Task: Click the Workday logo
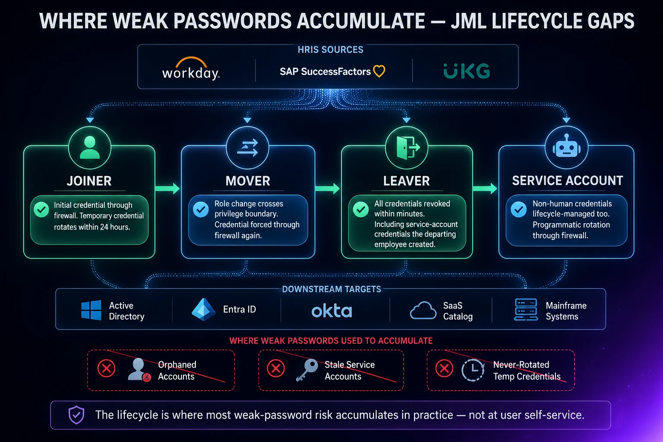pyautogui.click(x=191, y=69)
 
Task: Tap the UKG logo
pyautogui.click(x=467, y=71)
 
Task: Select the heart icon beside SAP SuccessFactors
pyautogui.click(x=379, y=71)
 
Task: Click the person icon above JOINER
pyautogui.click(x=90, y=148)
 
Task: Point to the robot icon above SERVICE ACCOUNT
pyautogui.click(x=566, y=145)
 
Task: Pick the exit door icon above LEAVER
pyautogui.click(x=408, y=148)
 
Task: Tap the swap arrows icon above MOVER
pyautogui.click(x=248, y=148)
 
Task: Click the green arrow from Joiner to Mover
pyautogui.click(x=167, y=189)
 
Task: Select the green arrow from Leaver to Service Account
pyautogui.click(x=485, y=189)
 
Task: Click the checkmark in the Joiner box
pyautogui.click(x=41, y=210)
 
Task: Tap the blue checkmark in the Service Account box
pyautogui.click(x=518, y=209)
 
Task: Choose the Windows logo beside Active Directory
pyautogui.click(x=91, y=310)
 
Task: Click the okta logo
pyautogui.click(x=332, y=311)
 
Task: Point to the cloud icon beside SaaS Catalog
pyautogui.click(x=423, y=310)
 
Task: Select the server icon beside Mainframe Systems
pyautogui.click(x=526, y=309)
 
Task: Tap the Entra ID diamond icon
pyautogui.click(x=203, y=309)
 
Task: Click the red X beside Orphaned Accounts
pyautogui.click(x=107, y=369)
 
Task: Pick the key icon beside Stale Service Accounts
pyautogui.click(x=307, y=370)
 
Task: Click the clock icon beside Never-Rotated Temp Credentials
pyautogui.click(x=473, y=370)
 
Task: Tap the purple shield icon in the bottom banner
pyautogui.click(x=76, y=415)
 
